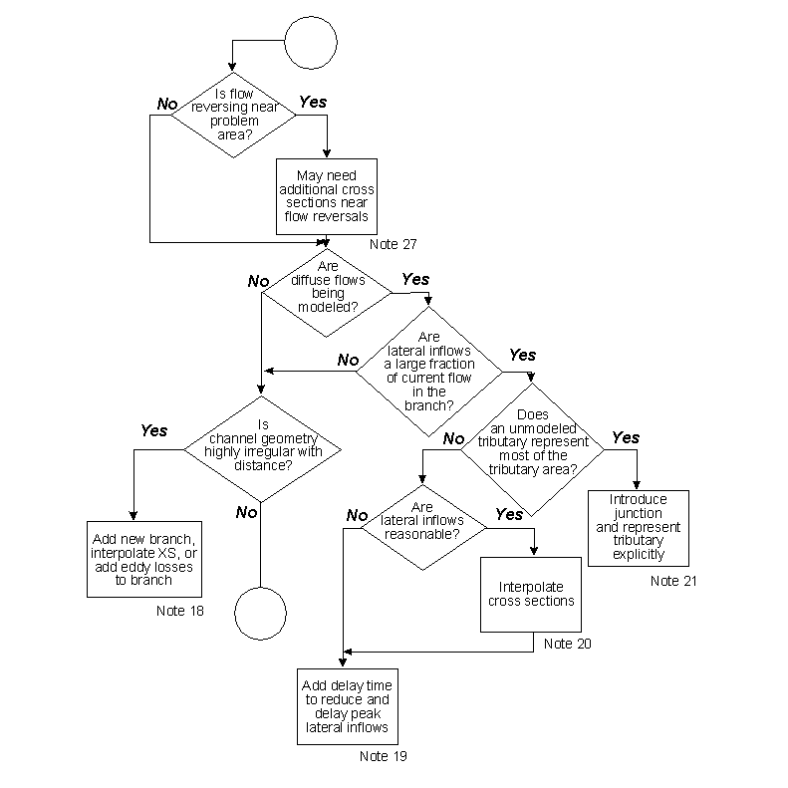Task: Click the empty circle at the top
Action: coord(313,42)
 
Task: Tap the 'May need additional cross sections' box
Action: coord(327,196)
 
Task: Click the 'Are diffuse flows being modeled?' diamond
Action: coord(326,287)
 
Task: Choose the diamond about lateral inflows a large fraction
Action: coord(429,372)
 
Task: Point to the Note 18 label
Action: coord(180,611)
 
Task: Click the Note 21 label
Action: coord(673,581)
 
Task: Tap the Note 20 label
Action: coord(567,644)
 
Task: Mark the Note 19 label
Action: coord(384,756)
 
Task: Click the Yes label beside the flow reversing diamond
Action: coord(313,103)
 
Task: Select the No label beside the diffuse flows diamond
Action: coord(258,282)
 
